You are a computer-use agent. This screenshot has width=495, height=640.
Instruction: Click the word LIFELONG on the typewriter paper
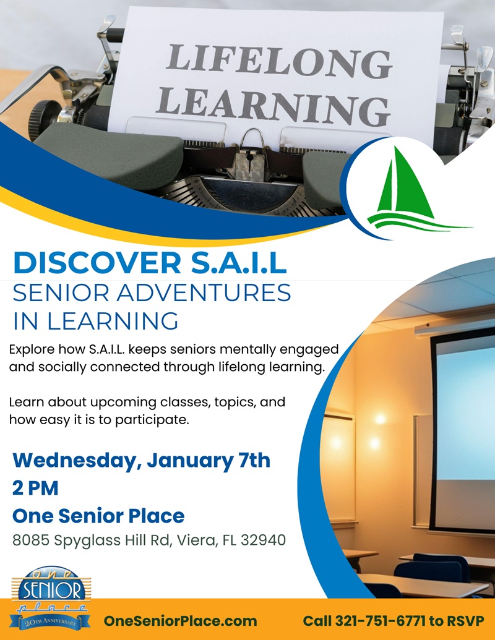pos(279,61)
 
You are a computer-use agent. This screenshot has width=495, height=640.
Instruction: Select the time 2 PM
pos(35,488)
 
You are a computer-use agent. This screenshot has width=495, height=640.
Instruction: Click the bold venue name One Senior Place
pos(98,515)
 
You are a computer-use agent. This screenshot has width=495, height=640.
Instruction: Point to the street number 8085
pos(30,540)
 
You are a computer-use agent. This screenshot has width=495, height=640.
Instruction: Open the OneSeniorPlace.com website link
pos(180,620)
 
